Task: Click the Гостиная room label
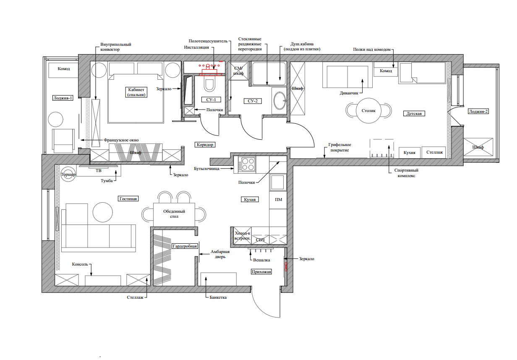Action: tap(128, 199)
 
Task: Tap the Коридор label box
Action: tap(205, 145)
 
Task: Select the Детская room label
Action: tap(414, 114)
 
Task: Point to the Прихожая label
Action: tap(261, 271)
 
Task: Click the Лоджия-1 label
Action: tap(63, 98)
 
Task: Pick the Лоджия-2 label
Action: tap(478, 112)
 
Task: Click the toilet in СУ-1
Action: tap(209, 84)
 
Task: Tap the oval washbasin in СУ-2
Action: tap(279, 101)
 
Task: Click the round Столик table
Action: tap(368, 110)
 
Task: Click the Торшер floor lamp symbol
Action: tap(68, 174)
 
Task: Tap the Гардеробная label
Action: tap(185, 246)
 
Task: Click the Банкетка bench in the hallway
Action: tap(219, 279)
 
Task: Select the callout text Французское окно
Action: tap(121, 140)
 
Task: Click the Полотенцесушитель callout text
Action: tap(208, 41)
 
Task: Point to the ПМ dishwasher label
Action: tap(279, 200)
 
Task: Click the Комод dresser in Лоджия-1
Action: tap(63, 70)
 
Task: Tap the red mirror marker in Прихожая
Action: tap(286, 266)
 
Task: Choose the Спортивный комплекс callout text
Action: tap(406, 173)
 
